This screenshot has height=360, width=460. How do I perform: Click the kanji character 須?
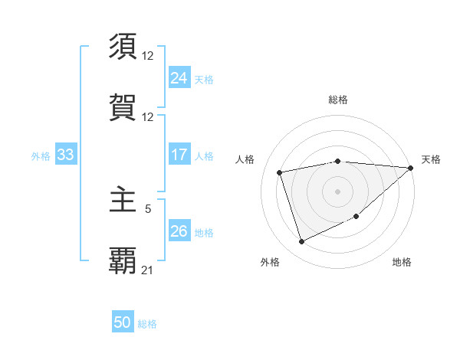point(123,47)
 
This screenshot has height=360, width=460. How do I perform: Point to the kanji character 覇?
point(123,260)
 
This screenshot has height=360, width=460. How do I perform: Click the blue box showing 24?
point(179,77)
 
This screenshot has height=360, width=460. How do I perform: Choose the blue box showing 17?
point(179,155)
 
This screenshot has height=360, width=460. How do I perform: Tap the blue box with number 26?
point(179,231)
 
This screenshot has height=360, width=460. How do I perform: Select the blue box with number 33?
point(65,155)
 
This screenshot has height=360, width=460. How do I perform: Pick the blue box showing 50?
point(123,322)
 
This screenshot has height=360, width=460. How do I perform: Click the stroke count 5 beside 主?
point(148,207)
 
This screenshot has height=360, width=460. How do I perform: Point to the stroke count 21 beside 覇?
point(148,270)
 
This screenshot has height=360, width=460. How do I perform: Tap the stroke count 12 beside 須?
point(148,56)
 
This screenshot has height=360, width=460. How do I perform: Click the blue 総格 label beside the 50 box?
point(147,324)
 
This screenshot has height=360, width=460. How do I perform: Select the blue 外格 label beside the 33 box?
point(41,156)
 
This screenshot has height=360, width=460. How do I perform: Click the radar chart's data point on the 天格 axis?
point(410,168)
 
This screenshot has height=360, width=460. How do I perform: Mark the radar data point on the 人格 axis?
point(280,172)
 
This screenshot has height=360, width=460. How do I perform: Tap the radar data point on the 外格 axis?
point(301,242)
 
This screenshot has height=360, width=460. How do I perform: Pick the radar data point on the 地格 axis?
point(357,217)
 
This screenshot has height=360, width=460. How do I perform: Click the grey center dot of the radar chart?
point(337,190)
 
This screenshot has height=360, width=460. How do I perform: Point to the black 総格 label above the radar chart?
point(338,100)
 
